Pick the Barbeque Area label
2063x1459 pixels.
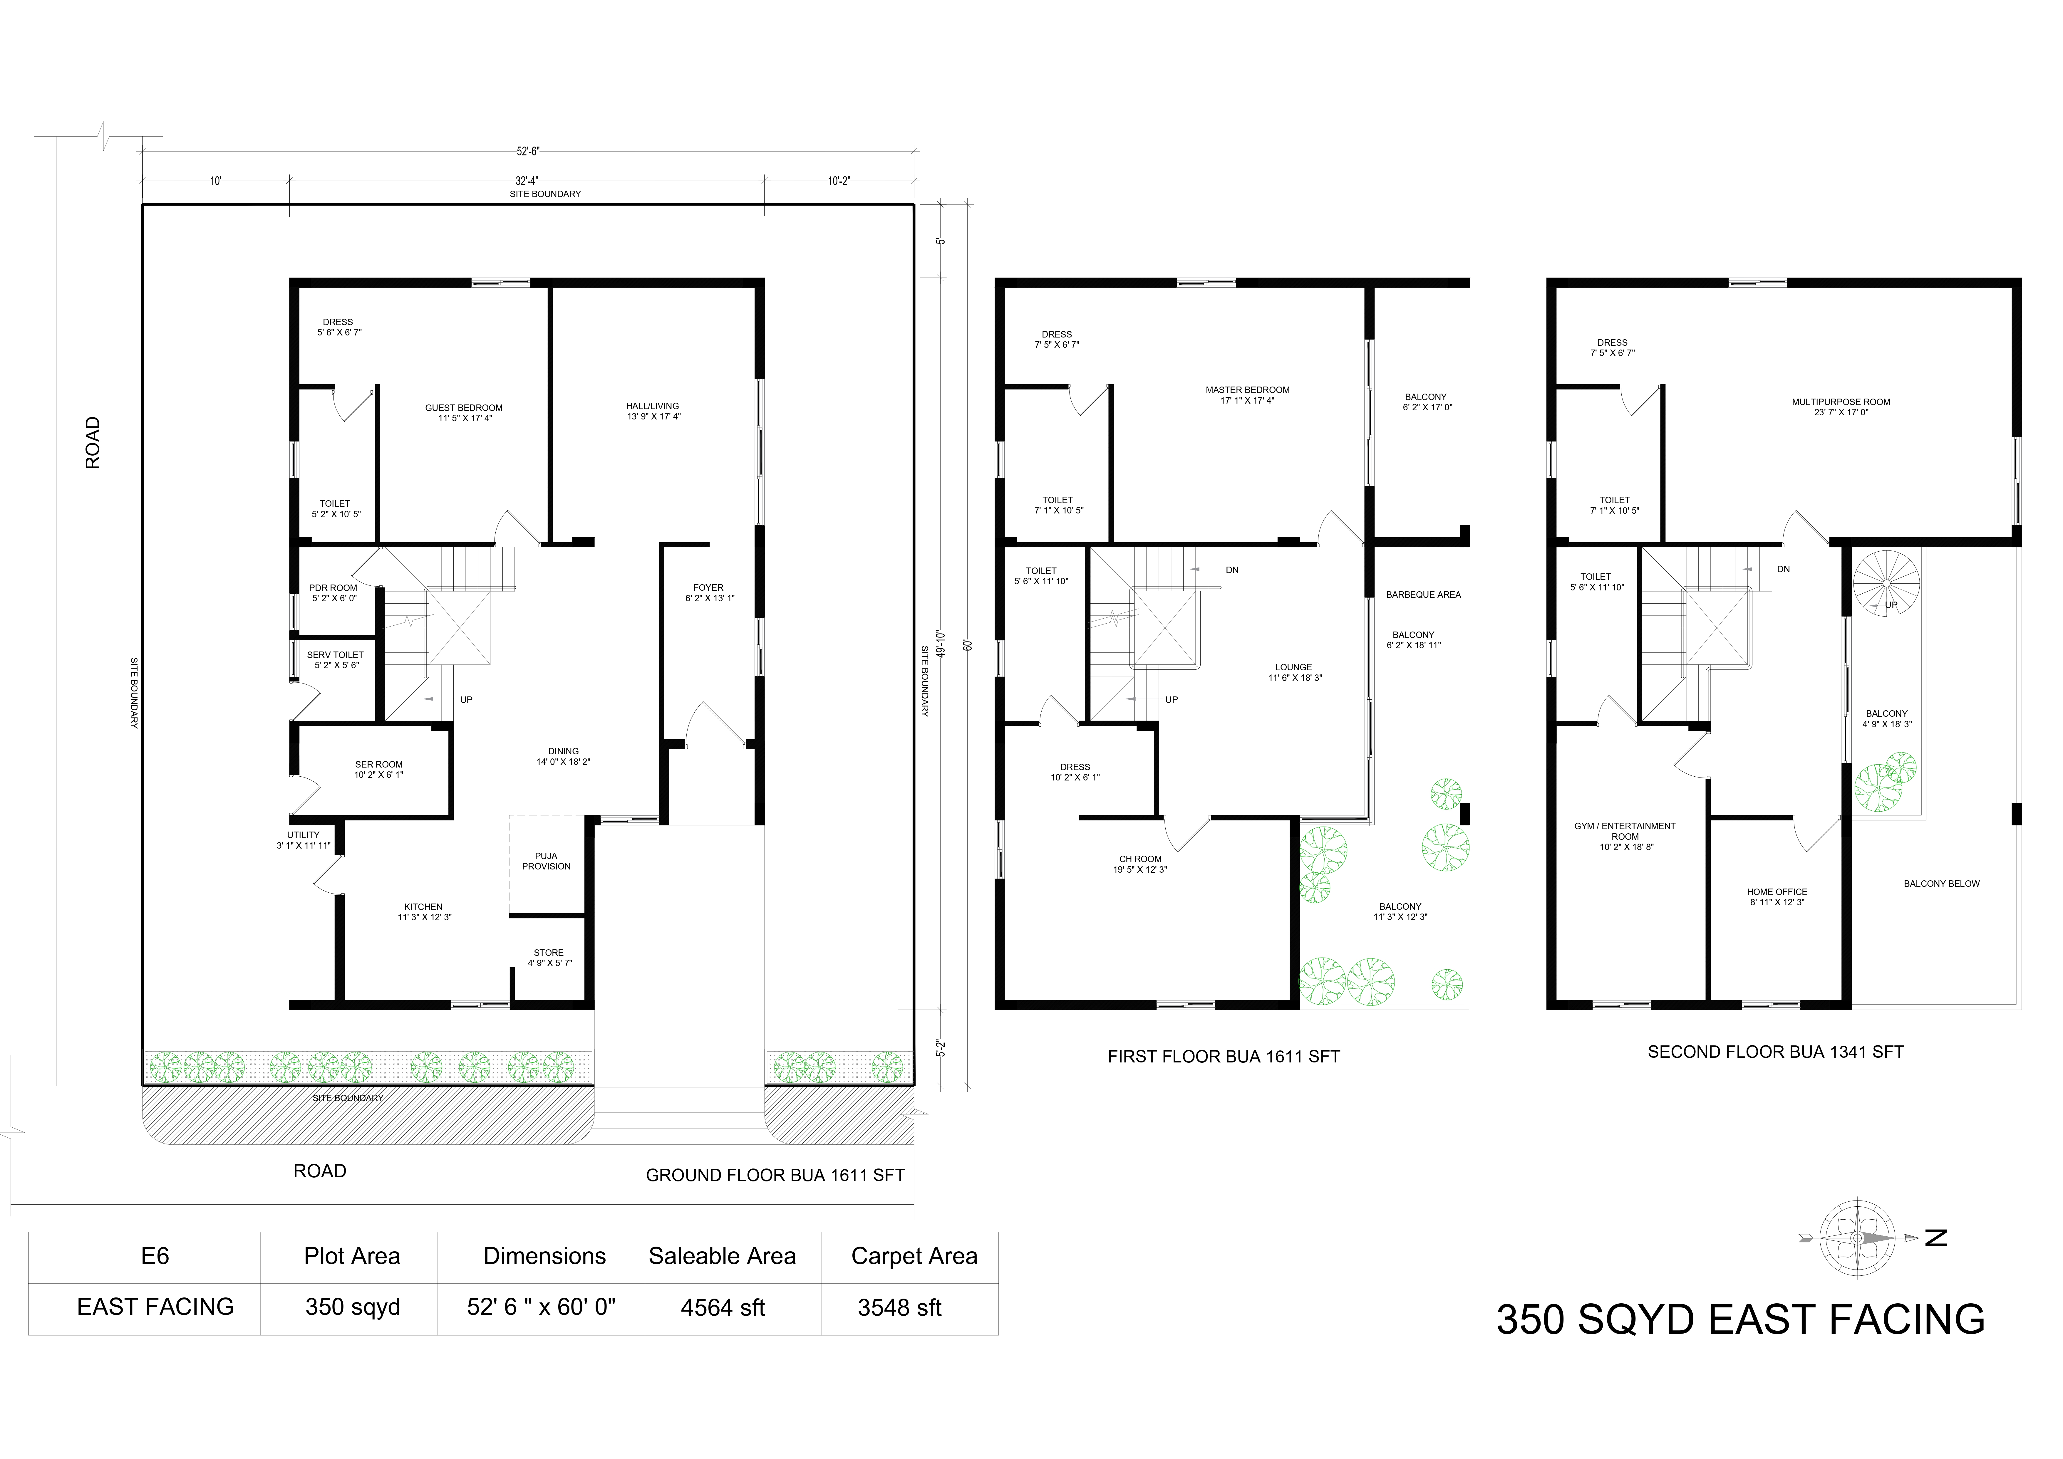[1423, 595]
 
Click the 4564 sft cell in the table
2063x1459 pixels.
[723, 1308]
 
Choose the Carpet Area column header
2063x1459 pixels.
[914, 1256]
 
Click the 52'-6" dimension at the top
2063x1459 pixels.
[528, 151]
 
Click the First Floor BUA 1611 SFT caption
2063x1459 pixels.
[1224, 1057]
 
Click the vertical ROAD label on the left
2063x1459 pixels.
[93, 443]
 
